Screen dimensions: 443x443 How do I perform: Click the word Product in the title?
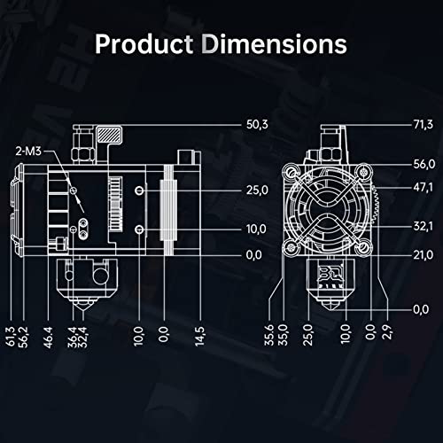click(x=144, y=44)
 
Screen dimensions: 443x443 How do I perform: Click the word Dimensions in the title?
click(x=275, y=44)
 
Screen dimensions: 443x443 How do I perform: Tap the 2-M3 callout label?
click(x=28, y=152)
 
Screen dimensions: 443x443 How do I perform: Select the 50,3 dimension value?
click(x=257, y=125)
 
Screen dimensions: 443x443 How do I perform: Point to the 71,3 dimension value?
click(x=424, y=125)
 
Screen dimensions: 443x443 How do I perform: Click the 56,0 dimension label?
click(x=424, y=164)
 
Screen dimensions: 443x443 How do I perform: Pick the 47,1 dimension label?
click(x=424, y=187)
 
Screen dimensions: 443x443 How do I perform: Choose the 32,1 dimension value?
click(x=424, y=227)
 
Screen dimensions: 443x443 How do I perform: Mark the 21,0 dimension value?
click(x=424, y=255)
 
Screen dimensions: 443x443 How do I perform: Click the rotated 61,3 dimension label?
click(x=10, y=336)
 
